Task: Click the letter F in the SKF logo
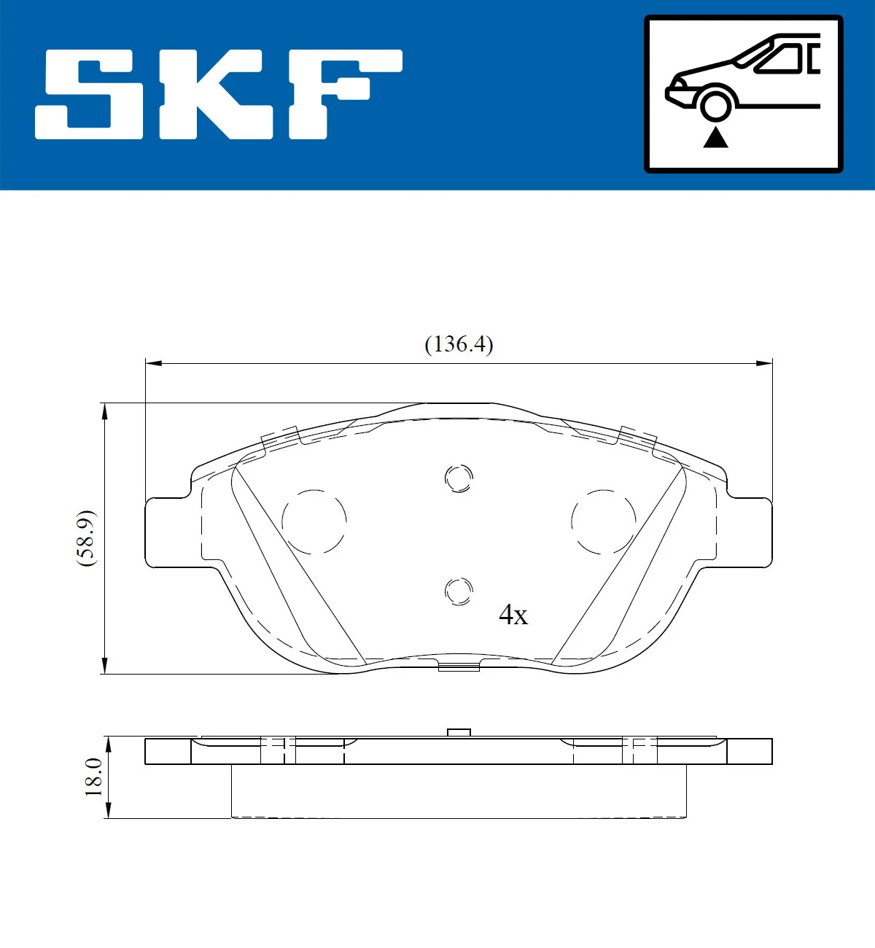tap(343, 93)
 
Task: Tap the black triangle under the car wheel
tap(715, 136)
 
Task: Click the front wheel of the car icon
tap(715, 104)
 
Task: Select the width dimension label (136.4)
tap(459, 343)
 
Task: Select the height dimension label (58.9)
tap(86, 538)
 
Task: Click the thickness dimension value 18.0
tap(93, 777)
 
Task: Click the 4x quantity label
tap(513, 615)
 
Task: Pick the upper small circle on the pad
tap(459, 478)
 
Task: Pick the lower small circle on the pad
tap(459, 591)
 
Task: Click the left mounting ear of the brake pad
tap(171, 532)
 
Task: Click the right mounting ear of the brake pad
tap(747, 532)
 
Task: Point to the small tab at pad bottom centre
tap(459, 666)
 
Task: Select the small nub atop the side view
tap(459, 732)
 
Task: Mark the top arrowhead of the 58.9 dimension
tap(105, 411)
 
